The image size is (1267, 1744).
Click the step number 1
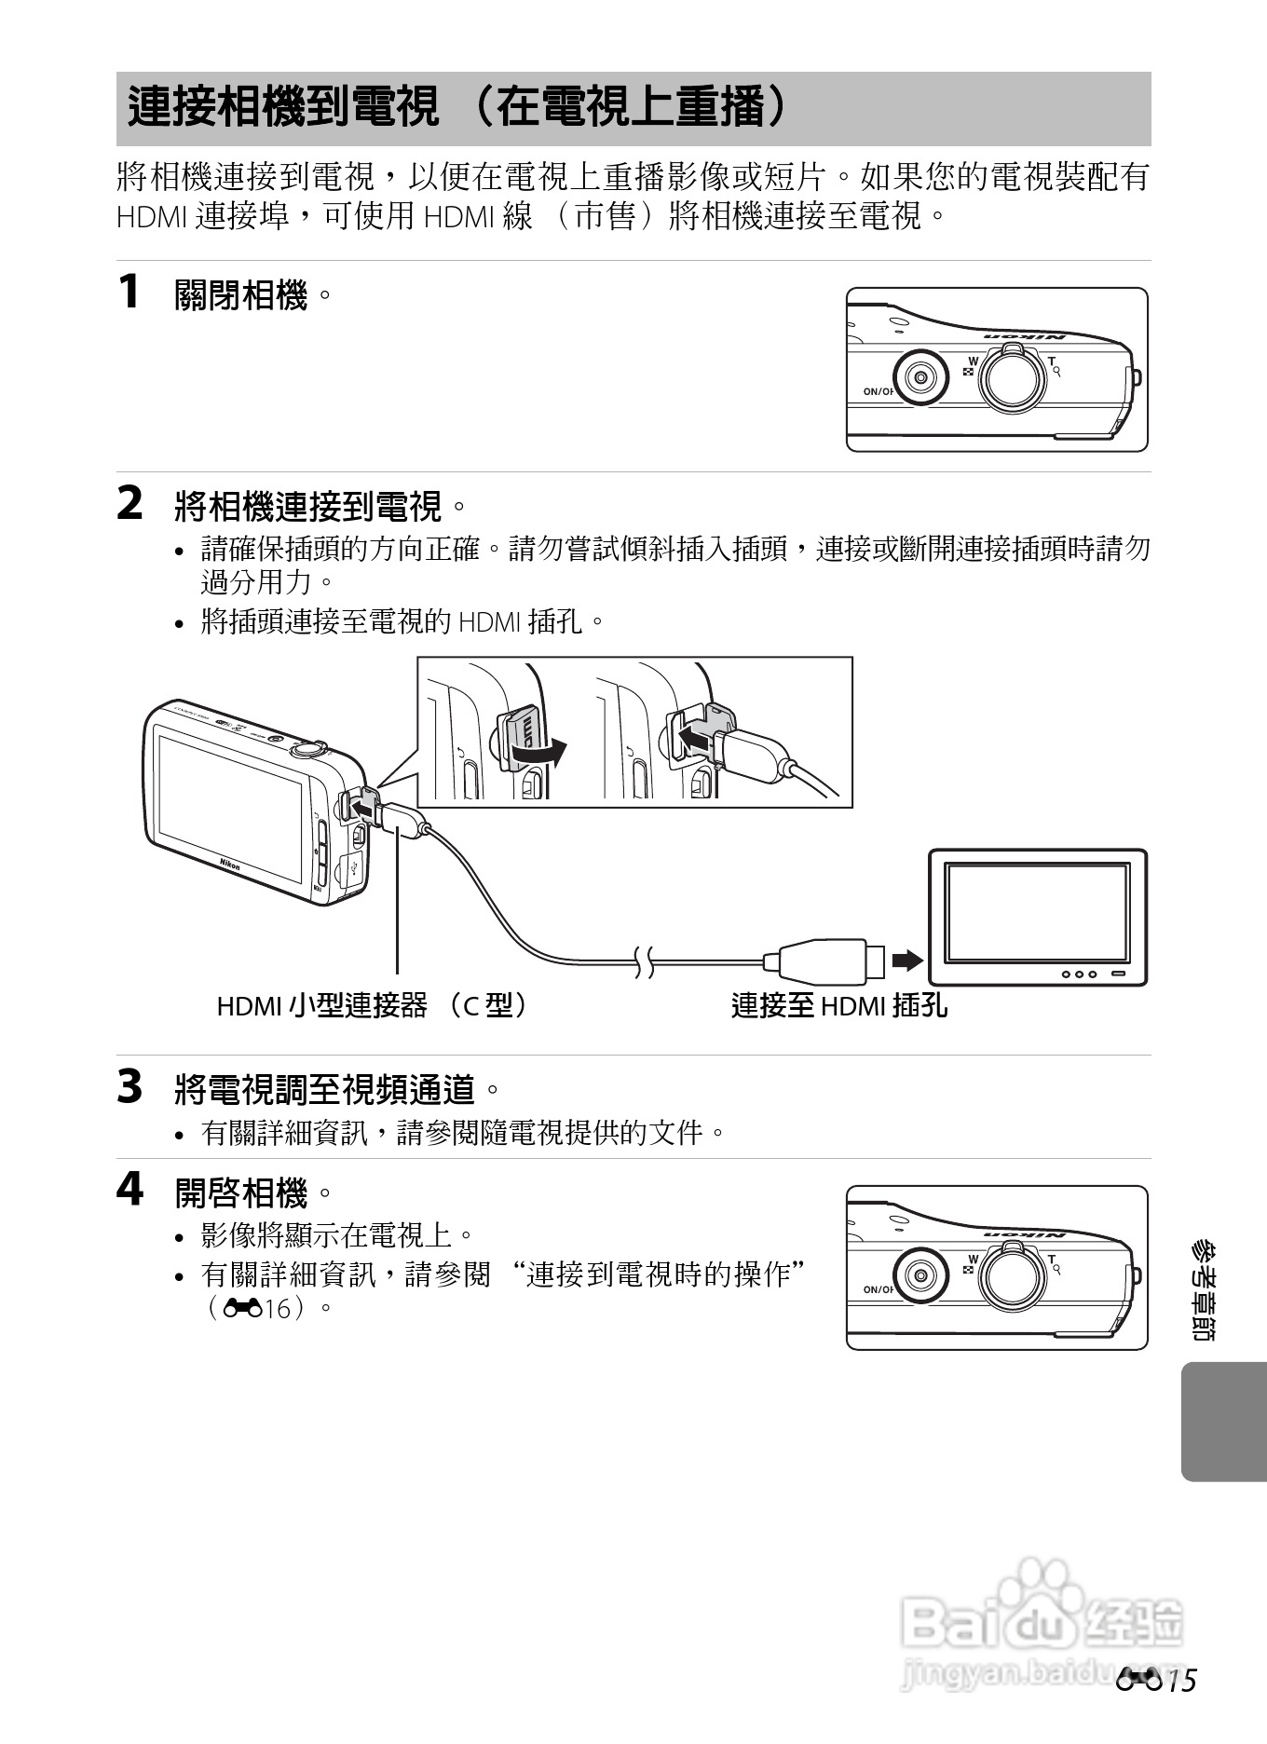click(129, 292)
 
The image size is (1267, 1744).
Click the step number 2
click(129, 504)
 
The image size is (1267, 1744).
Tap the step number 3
click(129, 1086)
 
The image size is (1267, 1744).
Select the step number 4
click(129, 1190)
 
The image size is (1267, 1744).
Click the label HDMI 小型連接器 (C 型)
click(373, 1005)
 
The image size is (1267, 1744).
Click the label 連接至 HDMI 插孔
click(838, 1005)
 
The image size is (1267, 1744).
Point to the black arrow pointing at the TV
click(906, 961)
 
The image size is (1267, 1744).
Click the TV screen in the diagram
click(1036, 912)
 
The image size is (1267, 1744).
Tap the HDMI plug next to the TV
click(824, 961)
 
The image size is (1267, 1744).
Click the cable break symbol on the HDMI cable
click(644, 961)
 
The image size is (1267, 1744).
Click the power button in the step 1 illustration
click(920, 377)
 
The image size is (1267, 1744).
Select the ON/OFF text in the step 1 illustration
click(878, 391)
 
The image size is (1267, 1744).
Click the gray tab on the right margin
click(1222, 1422)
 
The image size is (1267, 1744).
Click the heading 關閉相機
click(241, 296)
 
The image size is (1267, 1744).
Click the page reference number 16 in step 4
click(278, 1308)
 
